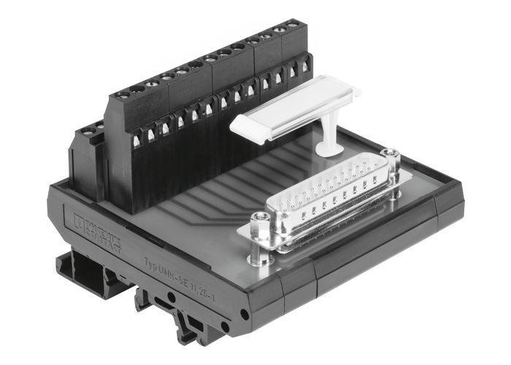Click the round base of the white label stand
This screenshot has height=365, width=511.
[329, 150]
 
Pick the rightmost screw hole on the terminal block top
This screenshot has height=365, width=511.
[293, 26]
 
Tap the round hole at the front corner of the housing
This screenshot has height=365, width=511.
[243, 315]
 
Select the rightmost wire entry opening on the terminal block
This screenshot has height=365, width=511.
[305, 67]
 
